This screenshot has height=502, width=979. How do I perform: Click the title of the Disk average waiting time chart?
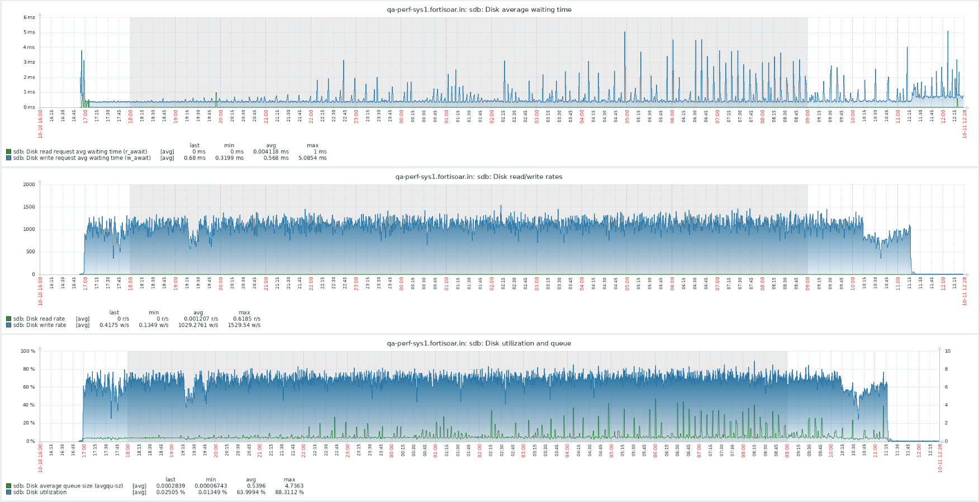[x=479, y=10]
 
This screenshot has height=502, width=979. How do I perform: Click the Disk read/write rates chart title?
[x=479, y=177]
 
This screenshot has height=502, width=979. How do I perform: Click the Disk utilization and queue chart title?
[x=479, y=343]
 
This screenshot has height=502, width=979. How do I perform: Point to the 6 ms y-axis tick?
[x=29, y=17]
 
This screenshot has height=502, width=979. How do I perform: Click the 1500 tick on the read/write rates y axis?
[x=28, y=207]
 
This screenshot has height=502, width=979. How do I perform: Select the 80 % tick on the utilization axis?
[x=28, y=369]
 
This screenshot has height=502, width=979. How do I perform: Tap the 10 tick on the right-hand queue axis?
[x=947, y=351]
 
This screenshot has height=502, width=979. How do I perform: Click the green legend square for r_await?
[x=8, y=151]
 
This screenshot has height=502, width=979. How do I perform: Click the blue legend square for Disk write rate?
[x=8, y=325]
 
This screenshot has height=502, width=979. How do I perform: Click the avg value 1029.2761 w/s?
[x=198, y=325]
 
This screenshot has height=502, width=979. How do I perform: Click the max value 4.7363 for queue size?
[x=294, y=486]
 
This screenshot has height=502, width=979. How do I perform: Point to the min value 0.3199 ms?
[x=229, y=158]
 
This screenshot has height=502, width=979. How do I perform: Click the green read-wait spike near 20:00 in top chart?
[x=216, y=98]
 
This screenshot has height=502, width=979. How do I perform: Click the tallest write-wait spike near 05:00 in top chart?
[x=625, y=34]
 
